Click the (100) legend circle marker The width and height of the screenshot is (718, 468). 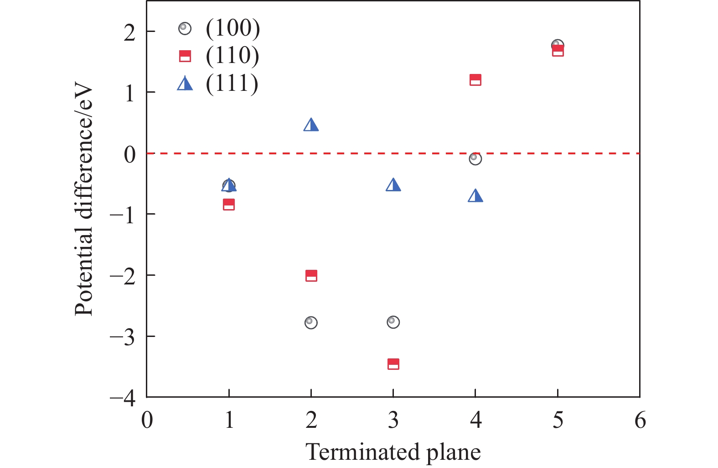185,28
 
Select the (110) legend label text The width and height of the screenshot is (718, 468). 232,56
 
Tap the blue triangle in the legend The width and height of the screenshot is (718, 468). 185,84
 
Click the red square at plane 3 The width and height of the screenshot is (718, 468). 393,364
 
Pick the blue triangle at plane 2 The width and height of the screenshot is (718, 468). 311,125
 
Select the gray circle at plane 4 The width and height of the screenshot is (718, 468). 475,158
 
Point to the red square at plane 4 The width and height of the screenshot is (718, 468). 475,80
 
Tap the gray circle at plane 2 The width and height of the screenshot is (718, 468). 311,322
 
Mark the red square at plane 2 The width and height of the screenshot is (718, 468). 311,275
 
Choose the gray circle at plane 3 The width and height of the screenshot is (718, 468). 393,322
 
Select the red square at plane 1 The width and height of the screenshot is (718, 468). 229,204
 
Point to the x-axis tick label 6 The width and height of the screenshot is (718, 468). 640,420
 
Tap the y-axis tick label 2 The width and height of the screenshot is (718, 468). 129,32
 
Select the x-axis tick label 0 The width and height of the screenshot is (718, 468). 147,420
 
